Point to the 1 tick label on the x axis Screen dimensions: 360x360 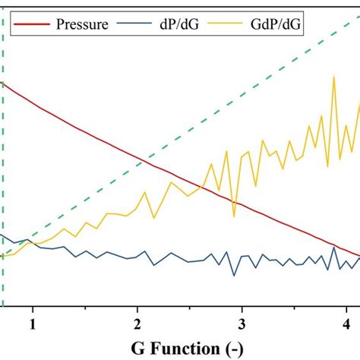click(x=33, y=324)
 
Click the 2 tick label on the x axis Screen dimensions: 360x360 click(x=137, y=324)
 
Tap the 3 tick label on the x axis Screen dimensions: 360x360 click(x=242, y=324)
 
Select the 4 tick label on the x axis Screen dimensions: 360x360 click(x=347, y=324)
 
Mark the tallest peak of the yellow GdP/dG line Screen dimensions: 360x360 click(x=333, y=77)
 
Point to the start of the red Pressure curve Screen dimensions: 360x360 click(x=4, y=84)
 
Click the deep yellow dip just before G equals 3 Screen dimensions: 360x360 click(x=235, y=206)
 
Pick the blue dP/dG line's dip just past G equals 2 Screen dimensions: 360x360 click(x=154, y=265)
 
